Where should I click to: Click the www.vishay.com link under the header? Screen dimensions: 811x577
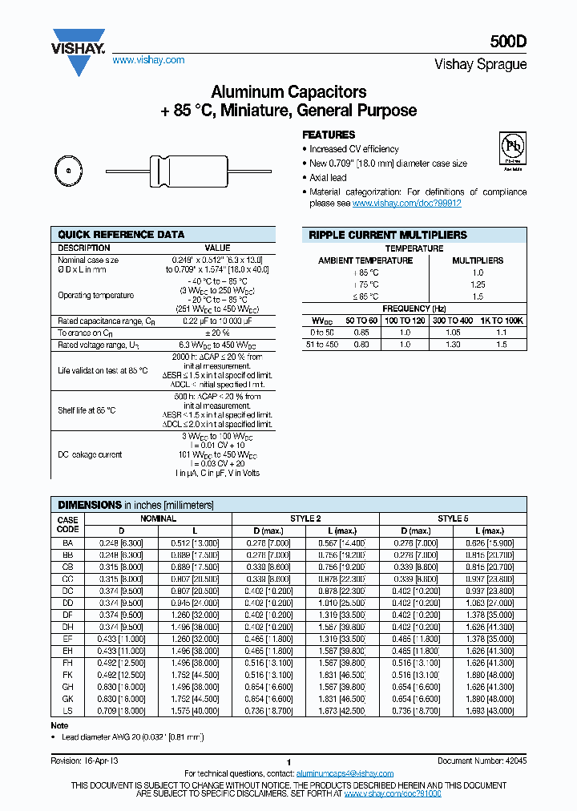(x=148, y=60)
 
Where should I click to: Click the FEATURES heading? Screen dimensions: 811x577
(x=328, y=135)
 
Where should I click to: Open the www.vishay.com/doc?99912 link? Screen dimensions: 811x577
(x=407, y=204)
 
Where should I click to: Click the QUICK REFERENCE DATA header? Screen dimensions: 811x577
(x=121, y=235)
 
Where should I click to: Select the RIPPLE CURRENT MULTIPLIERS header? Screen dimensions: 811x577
(x=387, y=235)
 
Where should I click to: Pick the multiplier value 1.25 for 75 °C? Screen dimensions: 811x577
(x=478, y=284)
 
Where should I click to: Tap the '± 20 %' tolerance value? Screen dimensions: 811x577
(x=217, y=333)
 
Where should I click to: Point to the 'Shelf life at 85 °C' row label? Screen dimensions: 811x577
(x=87, y=410)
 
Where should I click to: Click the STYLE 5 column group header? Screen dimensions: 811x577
(x=454, y=518)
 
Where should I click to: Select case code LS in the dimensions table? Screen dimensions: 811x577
(x=68, y=711)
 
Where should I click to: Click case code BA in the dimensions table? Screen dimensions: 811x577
(x=68, y=543)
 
